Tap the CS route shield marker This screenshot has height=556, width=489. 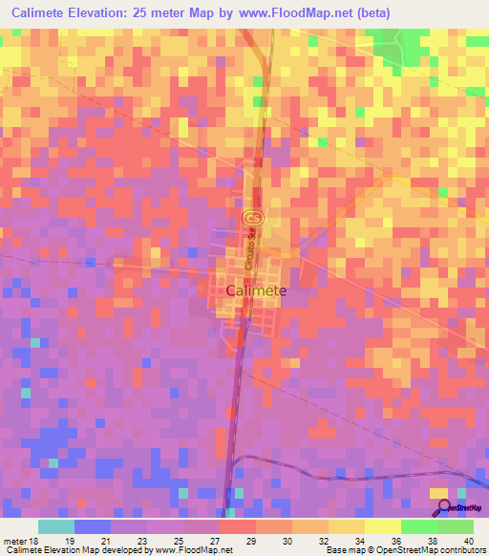(248, 218)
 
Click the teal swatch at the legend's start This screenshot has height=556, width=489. (55, 526)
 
